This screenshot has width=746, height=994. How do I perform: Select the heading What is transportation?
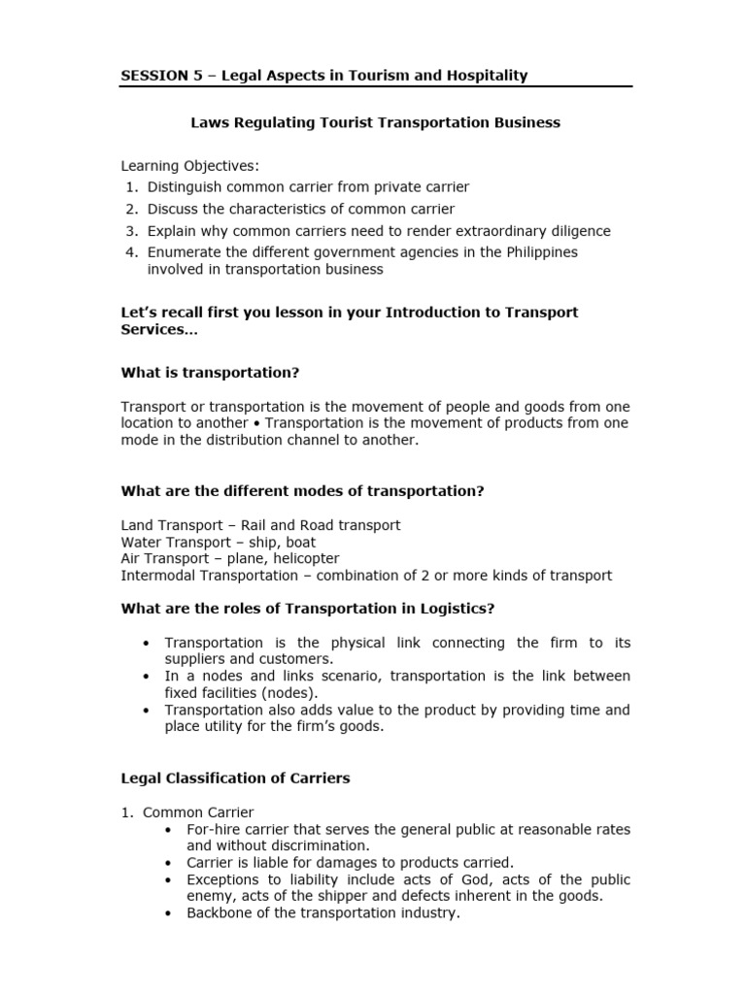pos(210,372)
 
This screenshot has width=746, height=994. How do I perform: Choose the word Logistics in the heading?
pos(458,609)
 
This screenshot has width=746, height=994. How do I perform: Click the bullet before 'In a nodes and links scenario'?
pos(146,677)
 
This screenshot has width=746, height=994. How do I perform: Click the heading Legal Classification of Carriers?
pos(235,778)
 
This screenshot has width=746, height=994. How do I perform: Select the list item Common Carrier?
pos(198,812)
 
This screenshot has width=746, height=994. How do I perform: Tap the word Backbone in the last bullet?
pos(220,913)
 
